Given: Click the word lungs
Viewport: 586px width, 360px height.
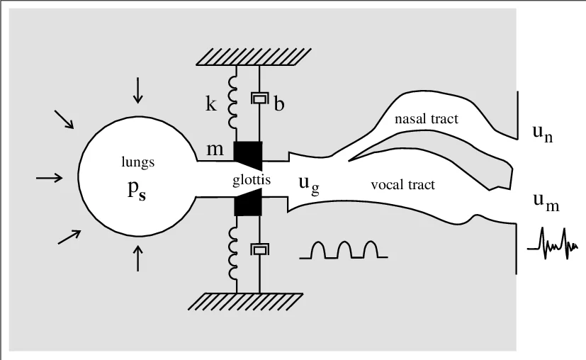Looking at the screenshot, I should coord(138,162).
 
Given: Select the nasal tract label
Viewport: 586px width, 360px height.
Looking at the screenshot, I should coord(427,119).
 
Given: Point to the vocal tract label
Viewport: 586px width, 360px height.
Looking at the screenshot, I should coord(402,185).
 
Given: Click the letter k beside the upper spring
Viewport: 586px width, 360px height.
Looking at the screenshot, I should coord(210,104).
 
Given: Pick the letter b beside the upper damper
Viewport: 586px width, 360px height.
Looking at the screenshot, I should coord(278,105).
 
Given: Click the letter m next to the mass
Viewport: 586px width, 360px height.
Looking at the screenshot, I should coord(215,150).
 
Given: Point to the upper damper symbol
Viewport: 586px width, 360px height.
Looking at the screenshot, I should coord(259,99).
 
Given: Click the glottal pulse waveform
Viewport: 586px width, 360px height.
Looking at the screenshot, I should coord(343,249).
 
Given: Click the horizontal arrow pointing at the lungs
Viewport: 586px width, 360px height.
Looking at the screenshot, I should coord(49,178).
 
